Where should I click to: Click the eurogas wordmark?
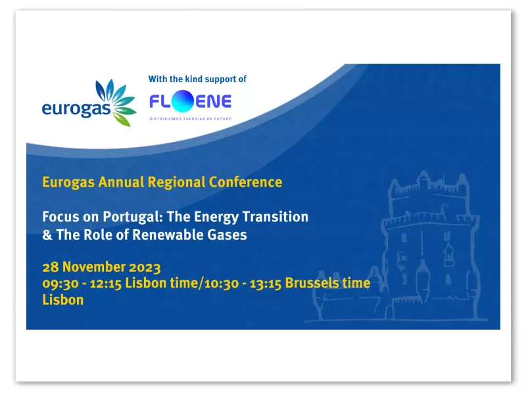[x=76, y=109]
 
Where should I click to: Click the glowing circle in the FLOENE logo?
[x=183, y=101]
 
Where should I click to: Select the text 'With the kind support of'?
[x=197, y=79]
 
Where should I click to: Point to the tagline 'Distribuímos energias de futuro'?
[x=190, y=119]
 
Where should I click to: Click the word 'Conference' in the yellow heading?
[x=245, y=182]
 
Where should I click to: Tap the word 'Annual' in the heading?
[x=121, y=182]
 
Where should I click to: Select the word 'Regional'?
[x=176, y=183]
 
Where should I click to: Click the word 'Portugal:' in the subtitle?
[x=133, y=217]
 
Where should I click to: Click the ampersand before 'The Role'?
[x=47, y=234]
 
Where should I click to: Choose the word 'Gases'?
[x=227, y=234]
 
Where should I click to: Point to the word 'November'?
[x=94, y=267]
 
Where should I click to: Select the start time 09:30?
[x=60, y=284]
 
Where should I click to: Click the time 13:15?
[x=266, y=284]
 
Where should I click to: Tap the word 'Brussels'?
[x=312, y=283]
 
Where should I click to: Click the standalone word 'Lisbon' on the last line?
[x=63, y=300]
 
